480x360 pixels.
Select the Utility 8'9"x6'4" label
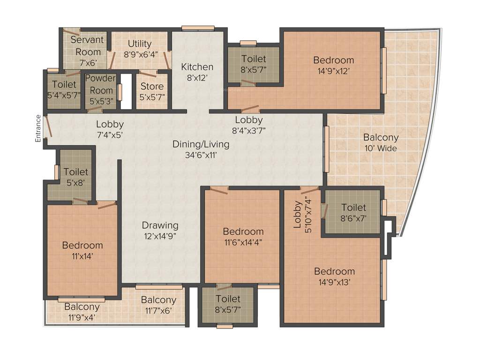pos(139,49)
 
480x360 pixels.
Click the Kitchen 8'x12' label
pos(197,72)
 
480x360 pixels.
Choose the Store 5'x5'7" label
pos(152,91)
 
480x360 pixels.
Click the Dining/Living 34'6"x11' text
pos(201,149)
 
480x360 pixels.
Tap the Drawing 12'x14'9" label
pos(160,230)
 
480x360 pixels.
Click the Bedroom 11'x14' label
pos(82,250)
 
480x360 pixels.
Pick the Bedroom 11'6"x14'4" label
pos(243,237)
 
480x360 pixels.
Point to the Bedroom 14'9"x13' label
pos(334,276)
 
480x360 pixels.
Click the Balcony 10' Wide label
pos(381,142)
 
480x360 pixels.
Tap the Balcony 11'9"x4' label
pos(82,312)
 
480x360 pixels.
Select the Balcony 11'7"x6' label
pos(158,305)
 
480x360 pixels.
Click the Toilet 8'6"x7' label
pos(353,212)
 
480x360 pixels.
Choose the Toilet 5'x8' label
pos(75,177)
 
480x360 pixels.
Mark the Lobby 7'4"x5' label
pos(110,129)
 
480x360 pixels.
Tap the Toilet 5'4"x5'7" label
pos(64,90)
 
